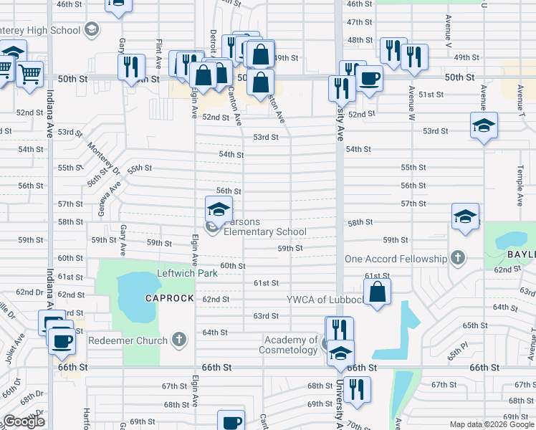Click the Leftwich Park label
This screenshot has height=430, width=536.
[187, 274]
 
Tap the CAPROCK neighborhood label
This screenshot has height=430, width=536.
[170, 298]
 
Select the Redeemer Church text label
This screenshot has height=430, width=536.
[128, 340]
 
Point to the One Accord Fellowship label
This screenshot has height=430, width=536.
[396, 259]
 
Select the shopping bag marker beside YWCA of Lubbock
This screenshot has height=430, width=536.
[377, 292]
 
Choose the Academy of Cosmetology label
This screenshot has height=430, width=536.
[291, 345]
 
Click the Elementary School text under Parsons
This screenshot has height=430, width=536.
[265, 231]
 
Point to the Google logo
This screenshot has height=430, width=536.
[24, 421]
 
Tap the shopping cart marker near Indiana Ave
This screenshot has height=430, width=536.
[30, 72]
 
